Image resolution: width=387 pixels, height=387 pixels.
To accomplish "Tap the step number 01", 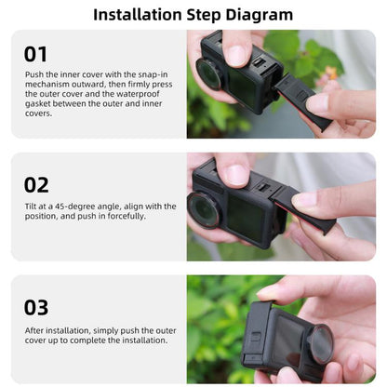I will point(35,54).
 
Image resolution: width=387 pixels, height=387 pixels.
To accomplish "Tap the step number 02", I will point(36,184).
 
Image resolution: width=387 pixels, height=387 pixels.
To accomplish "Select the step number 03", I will point(36,306).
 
